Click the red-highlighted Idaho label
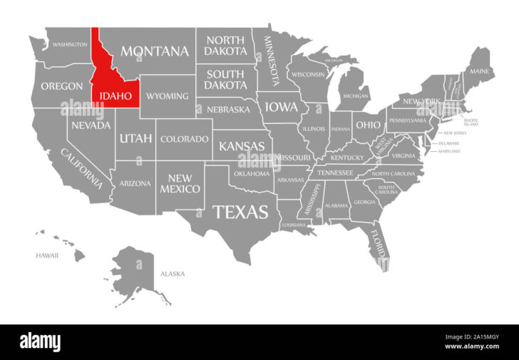click(x=110, y=96)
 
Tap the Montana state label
click(x=155, y=51)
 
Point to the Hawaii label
click(x=47, y=255)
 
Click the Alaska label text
click(x=173, y=274)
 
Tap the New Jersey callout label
click(x=454, y=133)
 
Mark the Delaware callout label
click(x=448, y=143)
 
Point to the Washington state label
click(x=70, y=44)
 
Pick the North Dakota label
click(x=225, y=46)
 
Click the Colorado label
click(x=184, y=139)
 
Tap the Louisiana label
click(x=294, y=225)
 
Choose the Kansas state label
click(x=242, y=146)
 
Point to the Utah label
click(x=135, y=138)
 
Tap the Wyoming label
click(x=168, y=96)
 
